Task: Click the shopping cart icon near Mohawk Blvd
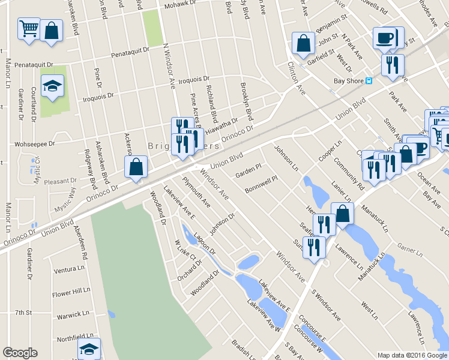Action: click(x=29, y=28)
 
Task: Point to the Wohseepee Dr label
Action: click(x=34, y=144)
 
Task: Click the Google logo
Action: click(x=20, y=353)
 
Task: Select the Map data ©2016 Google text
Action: click(x=411, y=355)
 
